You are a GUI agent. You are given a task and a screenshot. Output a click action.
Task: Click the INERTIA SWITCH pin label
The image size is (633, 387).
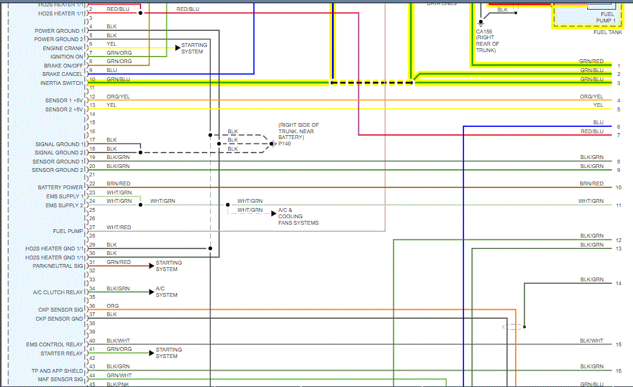tap(61, 83)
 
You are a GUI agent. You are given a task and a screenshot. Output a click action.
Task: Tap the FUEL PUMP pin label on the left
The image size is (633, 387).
tap(68, 231)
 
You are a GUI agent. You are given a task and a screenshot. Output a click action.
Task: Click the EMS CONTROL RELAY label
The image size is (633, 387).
tap(54, 345)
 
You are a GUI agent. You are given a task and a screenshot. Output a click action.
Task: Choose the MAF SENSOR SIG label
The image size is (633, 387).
tap(59, 379)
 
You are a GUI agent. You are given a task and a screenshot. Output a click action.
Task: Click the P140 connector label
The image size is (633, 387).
tap(284, 144)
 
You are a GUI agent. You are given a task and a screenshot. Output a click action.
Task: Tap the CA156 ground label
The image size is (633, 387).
tap(483, 31)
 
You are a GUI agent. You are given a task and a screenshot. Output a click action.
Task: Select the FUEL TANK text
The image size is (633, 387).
tap(608, 32)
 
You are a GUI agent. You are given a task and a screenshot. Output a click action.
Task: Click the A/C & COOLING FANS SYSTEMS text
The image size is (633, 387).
tap(298, 216)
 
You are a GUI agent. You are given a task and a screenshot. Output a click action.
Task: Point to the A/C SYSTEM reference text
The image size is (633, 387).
tap(166, 292)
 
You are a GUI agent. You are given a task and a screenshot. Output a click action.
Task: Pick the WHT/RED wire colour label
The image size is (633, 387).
tap(119, 227)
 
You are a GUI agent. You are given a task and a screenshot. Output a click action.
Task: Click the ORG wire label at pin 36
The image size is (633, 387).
tap(113, 306)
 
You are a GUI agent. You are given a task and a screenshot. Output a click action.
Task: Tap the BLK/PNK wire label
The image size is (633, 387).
tap(119, 384)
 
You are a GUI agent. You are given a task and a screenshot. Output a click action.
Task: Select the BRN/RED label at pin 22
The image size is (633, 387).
tap(119, 184)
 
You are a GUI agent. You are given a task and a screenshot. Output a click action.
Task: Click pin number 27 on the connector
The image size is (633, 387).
tap(92, 227)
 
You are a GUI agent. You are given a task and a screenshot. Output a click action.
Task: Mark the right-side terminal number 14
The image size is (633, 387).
tap(618, 284)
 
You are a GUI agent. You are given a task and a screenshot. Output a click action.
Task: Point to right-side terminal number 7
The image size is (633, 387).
tap(618, 135)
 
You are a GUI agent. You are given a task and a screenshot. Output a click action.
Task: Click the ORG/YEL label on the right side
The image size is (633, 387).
tap(591, 97)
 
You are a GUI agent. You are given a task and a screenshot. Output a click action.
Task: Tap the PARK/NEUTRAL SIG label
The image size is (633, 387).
tap(59, 266)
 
